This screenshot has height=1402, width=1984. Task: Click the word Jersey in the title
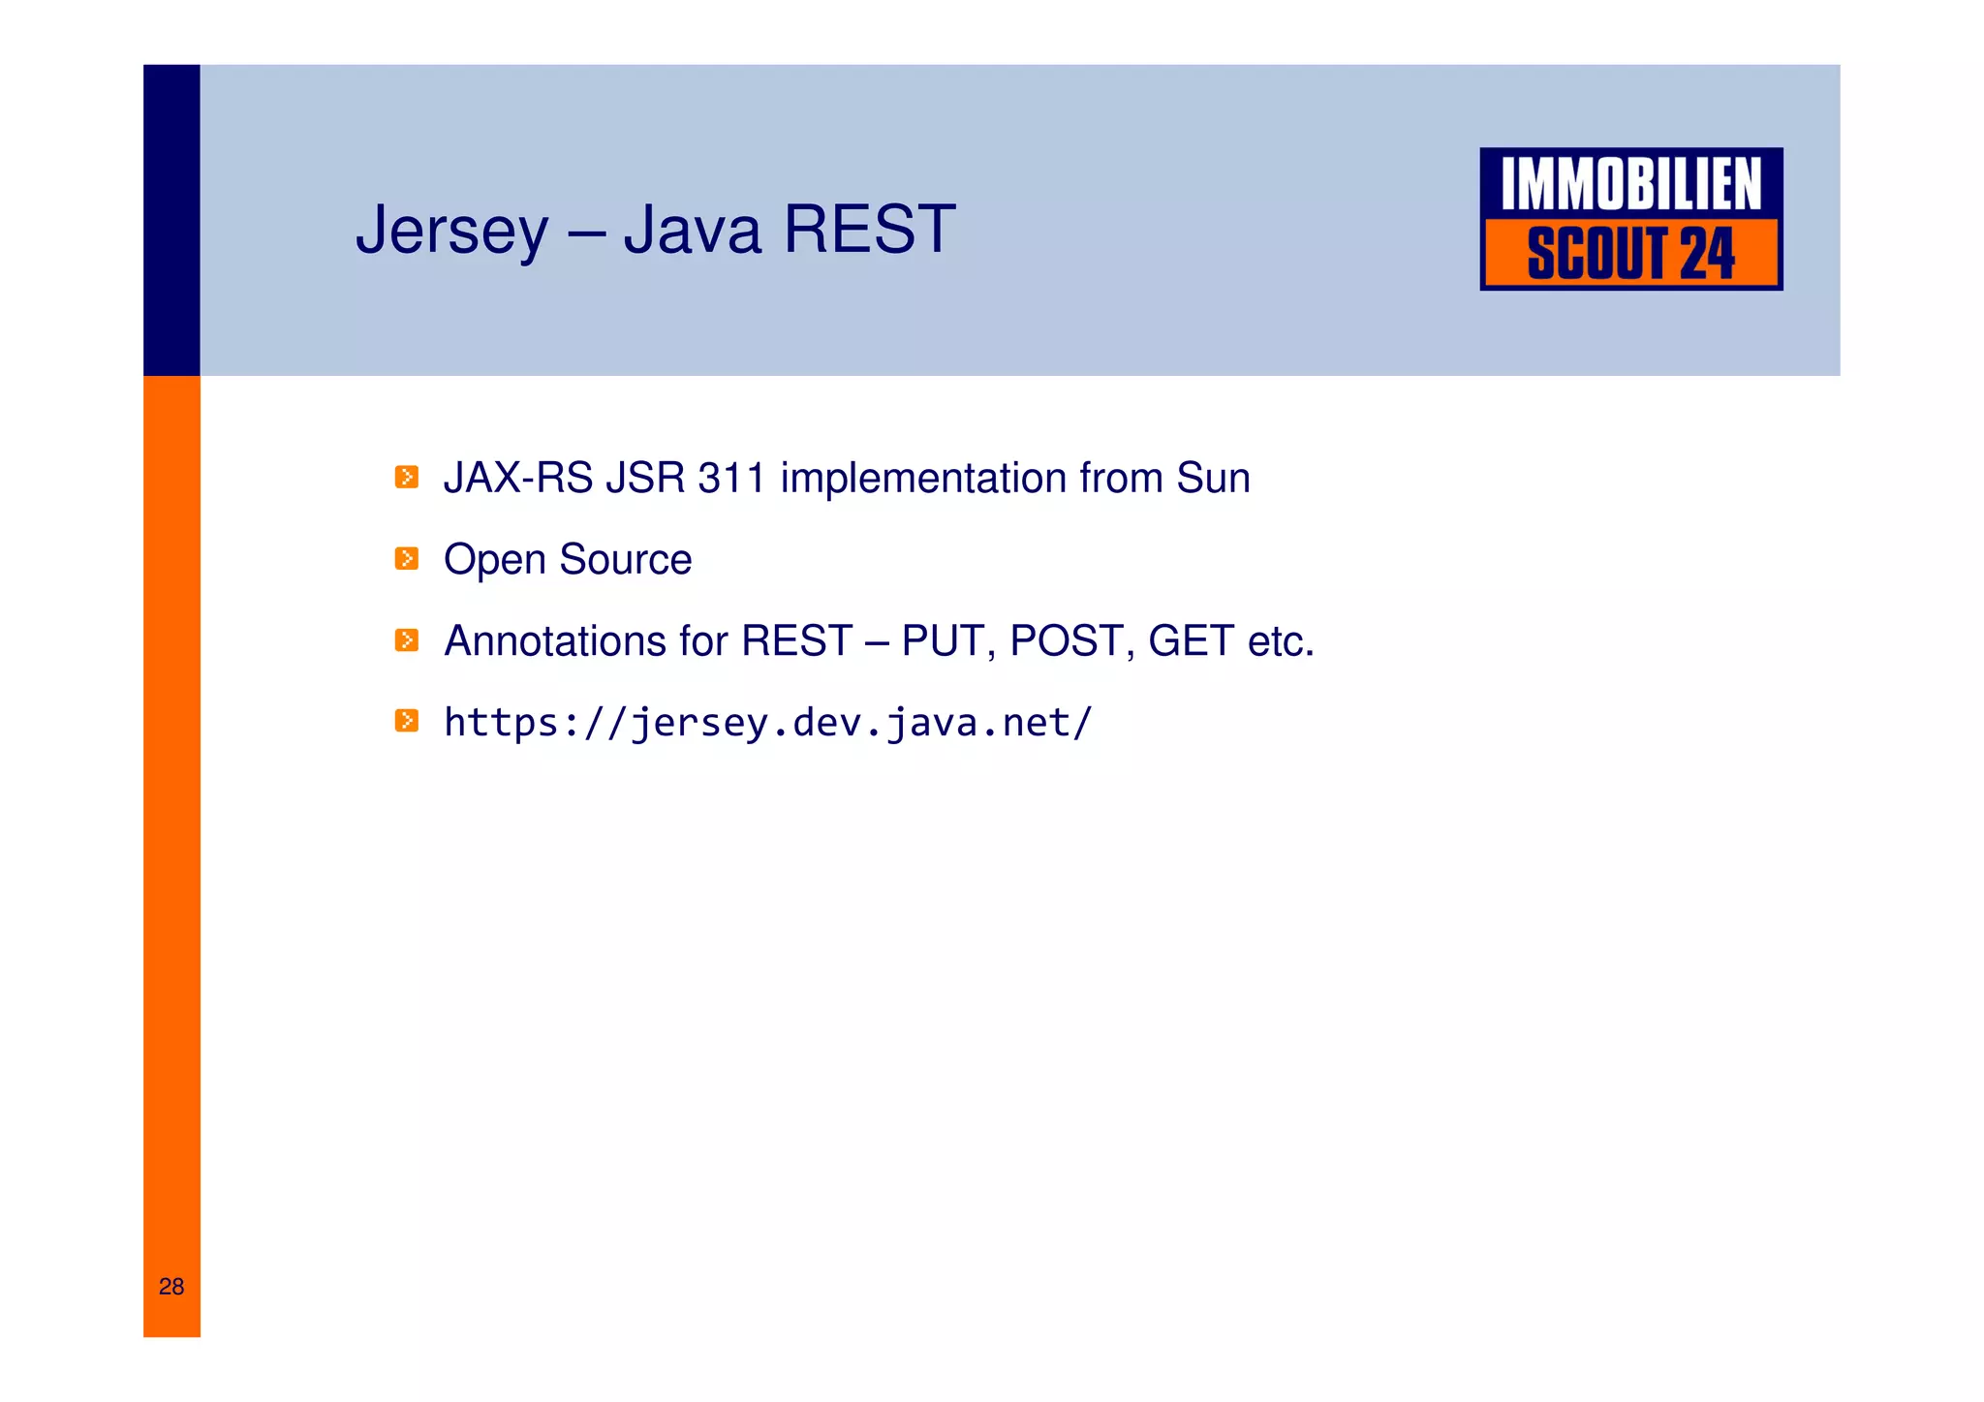pos(451,231)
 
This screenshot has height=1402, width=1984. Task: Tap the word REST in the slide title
pos(869,230)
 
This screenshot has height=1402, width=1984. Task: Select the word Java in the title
pos(692,230)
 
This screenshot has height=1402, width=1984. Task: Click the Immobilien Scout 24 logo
pos(1630,219)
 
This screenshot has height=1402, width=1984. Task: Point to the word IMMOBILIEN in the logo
pos(1630,184)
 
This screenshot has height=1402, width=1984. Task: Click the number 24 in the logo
pos(1706,254)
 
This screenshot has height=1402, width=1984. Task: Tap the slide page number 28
pos(171,1286)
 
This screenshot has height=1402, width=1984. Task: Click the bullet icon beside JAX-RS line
pos(407,477)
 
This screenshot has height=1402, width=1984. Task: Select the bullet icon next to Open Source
pos(407,558)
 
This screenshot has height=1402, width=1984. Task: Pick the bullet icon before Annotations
pos(407,639)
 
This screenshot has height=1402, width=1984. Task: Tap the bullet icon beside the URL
pos(407,720)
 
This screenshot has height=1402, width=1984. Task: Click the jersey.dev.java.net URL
pos(767,723)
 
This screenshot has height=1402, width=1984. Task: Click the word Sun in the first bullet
pos(1213,478)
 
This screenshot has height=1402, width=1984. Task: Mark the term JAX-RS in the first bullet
pos(517,478)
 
